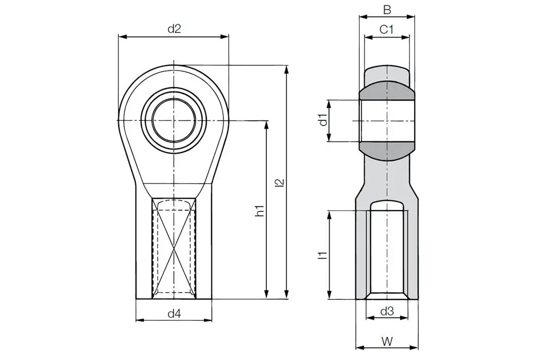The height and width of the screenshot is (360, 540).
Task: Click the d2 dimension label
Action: point(174,29)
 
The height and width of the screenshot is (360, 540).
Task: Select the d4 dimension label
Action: point(174,313)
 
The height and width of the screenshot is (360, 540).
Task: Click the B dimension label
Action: point(387,9)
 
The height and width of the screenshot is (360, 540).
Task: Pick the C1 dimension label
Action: point(387,30)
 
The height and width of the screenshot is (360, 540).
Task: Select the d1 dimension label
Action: point(322,120)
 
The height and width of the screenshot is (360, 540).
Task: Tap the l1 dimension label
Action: point(322,255)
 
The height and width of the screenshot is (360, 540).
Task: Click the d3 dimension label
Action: point(387,311)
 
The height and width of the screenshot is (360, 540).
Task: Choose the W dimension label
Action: point(387,340)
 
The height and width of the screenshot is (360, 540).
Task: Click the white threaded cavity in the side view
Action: point(387,247)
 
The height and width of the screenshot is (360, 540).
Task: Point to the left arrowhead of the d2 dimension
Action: point(121,37)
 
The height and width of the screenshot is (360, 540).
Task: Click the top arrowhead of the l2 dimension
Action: point(286,68)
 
